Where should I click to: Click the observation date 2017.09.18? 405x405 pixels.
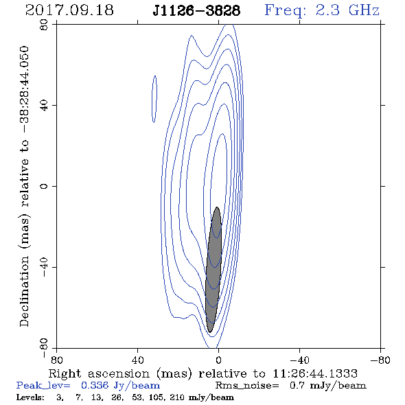[69, 10]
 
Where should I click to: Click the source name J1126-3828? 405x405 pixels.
[196, 11]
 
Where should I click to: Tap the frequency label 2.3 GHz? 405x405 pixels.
[347, 10]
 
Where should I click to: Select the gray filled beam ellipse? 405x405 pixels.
[213, 270]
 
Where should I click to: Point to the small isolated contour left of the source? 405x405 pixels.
[154, 99]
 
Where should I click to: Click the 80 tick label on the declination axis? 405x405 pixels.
[44, 25]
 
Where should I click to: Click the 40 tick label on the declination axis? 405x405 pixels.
[44, 106]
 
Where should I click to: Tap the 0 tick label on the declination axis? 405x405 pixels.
[44, 186]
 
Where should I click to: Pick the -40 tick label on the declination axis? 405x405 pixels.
[44, 267]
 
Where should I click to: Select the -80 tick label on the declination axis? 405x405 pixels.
[44, 348]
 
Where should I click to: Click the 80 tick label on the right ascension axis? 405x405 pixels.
[56, 360]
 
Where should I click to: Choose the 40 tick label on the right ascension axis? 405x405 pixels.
[137, 360]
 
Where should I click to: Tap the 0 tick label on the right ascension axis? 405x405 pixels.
[218, 360]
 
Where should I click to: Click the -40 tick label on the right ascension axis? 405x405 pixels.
[299, 360]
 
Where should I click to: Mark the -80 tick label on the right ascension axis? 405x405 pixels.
[380, 360]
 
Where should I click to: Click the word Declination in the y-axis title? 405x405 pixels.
[24, 291]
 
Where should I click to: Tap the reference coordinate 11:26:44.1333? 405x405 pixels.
[315, 373]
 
